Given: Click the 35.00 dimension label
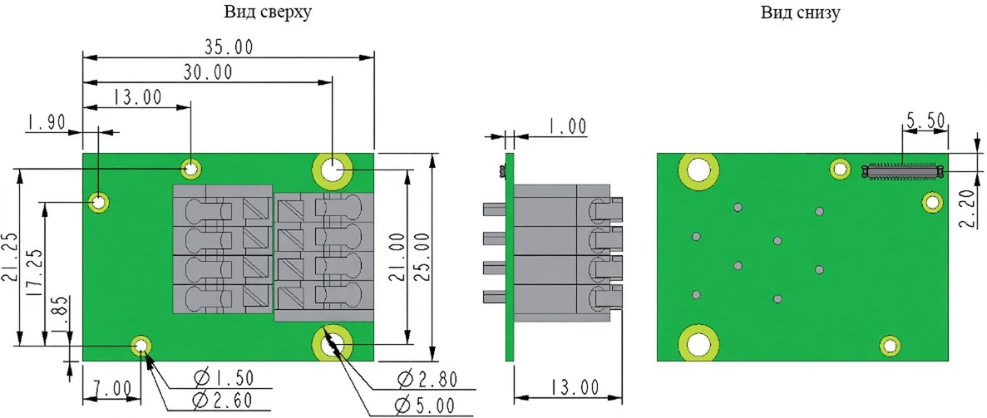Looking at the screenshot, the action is click(229, 47).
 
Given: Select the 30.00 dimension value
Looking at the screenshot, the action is click(208, 72).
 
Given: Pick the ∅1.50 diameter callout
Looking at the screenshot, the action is click(224, 378).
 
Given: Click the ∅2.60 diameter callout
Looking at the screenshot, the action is click(224, 399).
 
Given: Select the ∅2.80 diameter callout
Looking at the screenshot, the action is click(427, 379).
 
